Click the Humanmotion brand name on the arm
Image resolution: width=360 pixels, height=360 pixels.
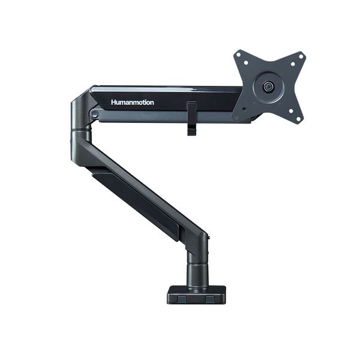pyautogui.click(x=132, y=103)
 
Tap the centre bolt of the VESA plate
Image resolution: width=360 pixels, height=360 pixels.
pyautogui.click(x=266, y=86)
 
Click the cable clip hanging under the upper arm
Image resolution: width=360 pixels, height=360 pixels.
pyautogui.click(x=191, y=119)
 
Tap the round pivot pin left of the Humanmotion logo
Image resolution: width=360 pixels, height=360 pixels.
pyautogui.click(x=94, y=113)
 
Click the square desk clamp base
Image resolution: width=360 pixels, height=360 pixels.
pyautogui.click(x=196, y=294)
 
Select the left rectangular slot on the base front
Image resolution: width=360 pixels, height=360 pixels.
pyautogui.click(x=183, y=297)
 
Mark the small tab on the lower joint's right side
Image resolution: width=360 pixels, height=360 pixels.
pyautogui.click(x=209, y=240)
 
